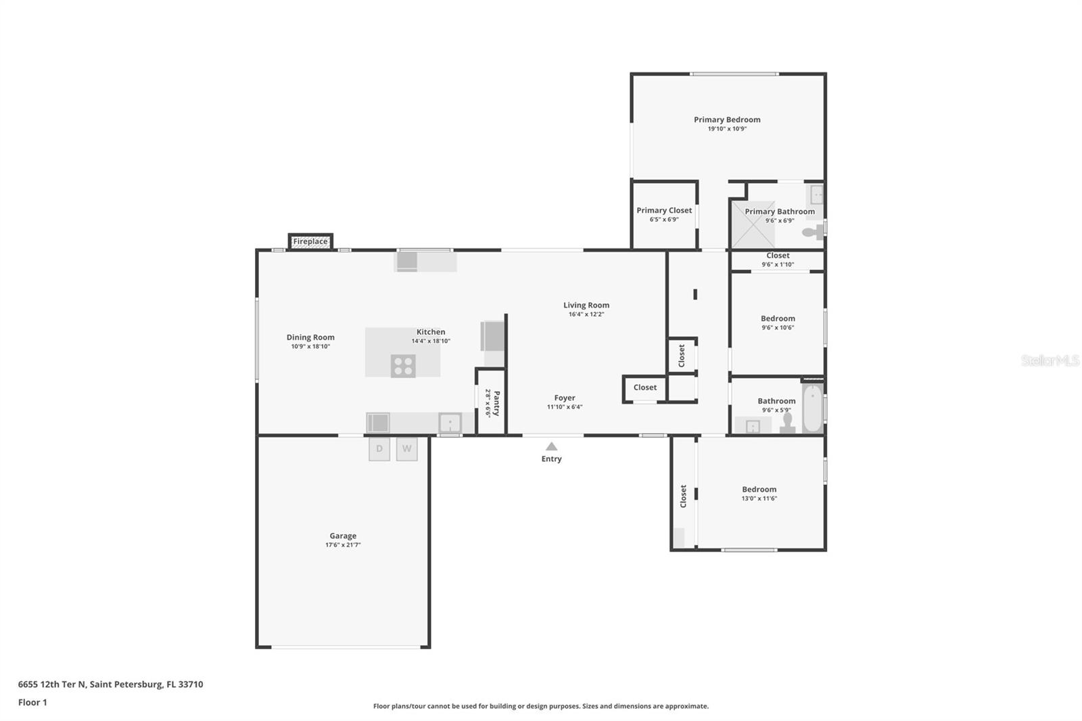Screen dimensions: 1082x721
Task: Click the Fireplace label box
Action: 310,241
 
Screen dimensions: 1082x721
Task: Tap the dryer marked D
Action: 379,449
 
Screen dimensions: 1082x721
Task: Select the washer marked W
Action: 406,449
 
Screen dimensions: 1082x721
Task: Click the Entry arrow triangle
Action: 551,446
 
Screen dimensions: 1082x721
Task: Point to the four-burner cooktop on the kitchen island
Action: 403,366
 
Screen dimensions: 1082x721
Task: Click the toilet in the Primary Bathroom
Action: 813,232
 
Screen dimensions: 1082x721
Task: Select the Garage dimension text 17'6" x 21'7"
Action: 343,545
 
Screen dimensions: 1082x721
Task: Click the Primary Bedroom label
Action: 727,119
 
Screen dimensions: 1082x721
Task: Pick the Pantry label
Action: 496,404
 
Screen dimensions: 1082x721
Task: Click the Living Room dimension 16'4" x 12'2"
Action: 586,314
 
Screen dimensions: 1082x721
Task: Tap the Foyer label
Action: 565,398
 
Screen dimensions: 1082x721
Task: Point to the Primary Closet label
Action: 664,210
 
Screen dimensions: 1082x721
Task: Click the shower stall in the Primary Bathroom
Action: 753,225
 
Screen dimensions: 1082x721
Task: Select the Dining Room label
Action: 310,338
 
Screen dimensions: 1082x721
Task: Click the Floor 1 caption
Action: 33,702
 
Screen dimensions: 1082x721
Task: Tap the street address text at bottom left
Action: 111,684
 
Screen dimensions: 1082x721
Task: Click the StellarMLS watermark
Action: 1050,360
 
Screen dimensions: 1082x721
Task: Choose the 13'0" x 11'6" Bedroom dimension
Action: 759,498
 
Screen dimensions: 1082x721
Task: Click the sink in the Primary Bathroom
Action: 816,195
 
